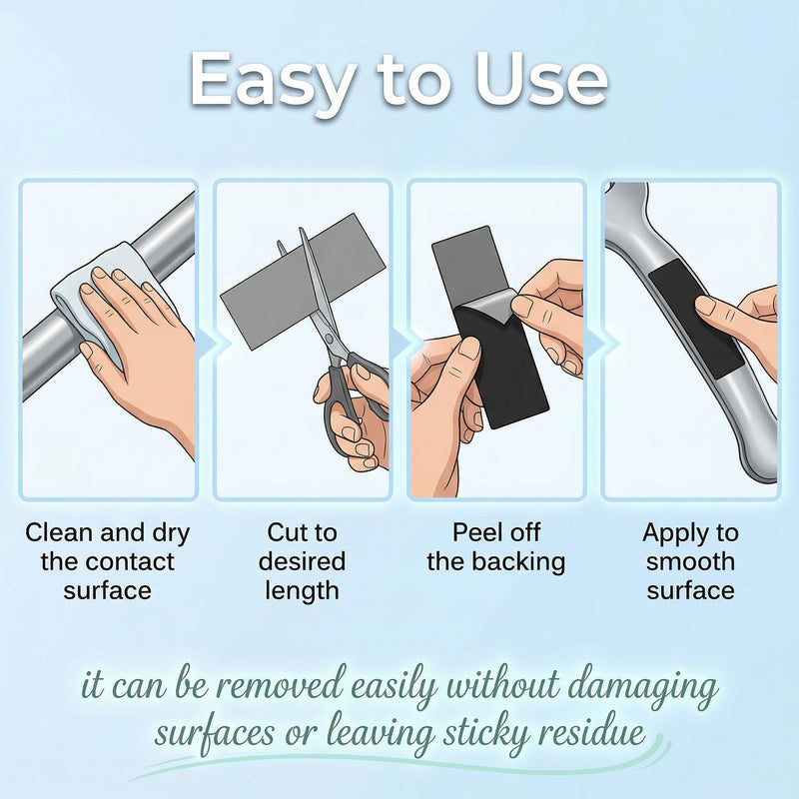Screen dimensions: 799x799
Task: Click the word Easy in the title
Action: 272,82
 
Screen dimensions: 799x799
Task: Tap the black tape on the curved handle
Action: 695,319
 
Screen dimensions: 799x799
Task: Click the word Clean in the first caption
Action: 60,532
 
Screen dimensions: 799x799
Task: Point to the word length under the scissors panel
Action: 303,591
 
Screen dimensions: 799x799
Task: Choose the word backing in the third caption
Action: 518,562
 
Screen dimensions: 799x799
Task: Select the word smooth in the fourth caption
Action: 690,561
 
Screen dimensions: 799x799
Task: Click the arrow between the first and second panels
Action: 207,343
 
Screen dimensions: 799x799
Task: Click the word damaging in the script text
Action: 643,686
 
